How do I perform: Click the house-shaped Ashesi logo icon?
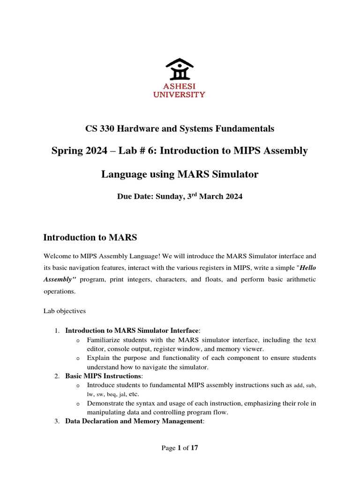pos(180,69)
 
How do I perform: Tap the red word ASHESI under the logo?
pos(180,87)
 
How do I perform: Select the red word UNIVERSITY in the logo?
pos(180,95)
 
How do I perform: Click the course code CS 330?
pos(100,128)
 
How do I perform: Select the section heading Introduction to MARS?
pos(90,238)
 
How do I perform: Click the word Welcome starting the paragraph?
pos(59,256)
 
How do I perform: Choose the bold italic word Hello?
pos(307,268)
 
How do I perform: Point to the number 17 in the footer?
pos(195,448)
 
